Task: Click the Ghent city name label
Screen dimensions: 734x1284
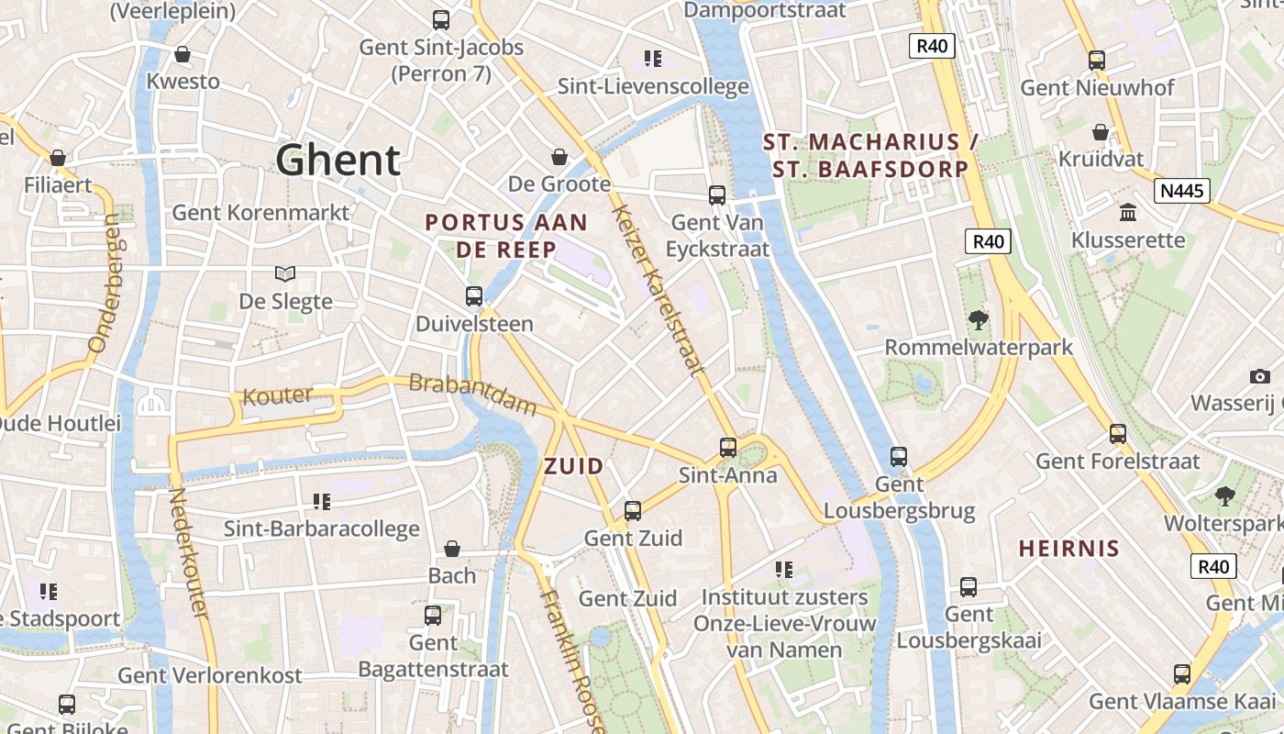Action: [x=338, y=161]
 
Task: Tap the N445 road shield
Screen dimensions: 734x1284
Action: [x=1182, y=191]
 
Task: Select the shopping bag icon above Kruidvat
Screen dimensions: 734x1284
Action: [x=1101, y=133]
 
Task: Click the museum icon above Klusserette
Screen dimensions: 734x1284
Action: [x=1128, y=213]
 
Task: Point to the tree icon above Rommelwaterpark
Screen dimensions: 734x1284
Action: [x=979, y=320]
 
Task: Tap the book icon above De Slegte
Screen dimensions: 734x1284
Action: [x=285, y=273]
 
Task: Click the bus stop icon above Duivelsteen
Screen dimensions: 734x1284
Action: [x=474, y=296]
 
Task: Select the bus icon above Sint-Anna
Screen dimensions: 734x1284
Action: [x=728, y=448]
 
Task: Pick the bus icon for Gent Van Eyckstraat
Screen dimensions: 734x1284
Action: [x=717, y=195]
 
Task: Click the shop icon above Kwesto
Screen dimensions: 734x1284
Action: [x=183, y=54]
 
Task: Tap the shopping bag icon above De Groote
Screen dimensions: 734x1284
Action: [x=559, y=157]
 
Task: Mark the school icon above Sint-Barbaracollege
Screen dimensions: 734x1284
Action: [x=321, y=501]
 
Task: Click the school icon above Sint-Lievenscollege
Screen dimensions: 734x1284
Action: [x=653, y=60]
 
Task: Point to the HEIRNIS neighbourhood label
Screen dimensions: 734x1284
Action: [x=1069, y=549]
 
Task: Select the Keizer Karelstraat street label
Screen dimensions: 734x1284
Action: [x=658, y=290]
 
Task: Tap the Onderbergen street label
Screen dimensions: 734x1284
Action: [x=105, y=284]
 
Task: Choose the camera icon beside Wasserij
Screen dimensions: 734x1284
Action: [x=1259, y=376]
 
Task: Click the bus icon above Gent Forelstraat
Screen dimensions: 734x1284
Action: [x=1118, y=434]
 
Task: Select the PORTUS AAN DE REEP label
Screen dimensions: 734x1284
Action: [x=506, y=236]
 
